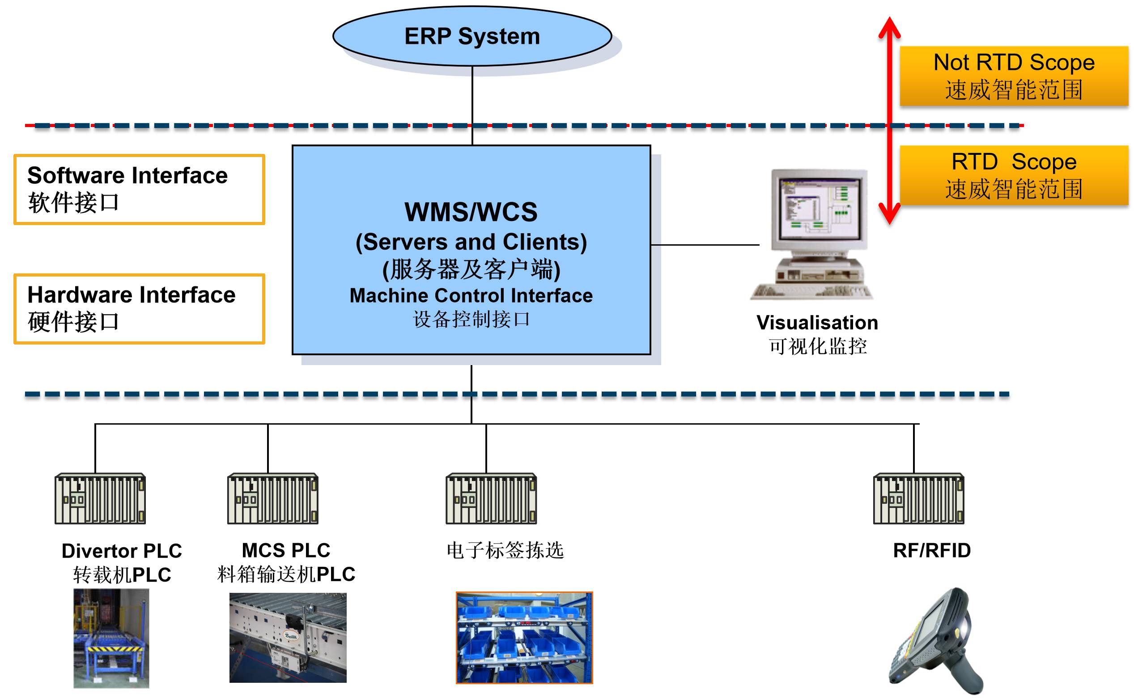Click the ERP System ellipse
[471, 36]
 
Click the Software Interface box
[139, 189]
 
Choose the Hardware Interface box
[139, 308]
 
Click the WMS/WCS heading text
[471, 212]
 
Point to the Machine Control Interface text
[471, 295]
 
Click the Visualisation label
[816, 322]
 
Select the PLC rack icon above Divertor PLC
[100, 498]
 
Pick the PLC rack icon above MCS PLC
[272, 498]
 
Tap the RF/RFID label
[931, 550]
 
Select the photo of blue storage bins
[524, 637]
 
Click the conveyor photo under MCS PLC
[288, 637]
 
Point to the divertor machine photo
[111, 638]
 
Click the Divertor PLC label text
[121, 551]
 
